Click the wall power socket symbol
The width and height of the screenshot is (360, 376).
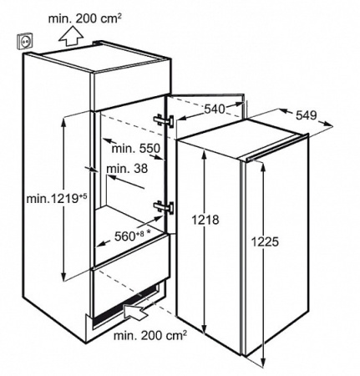point(25,41)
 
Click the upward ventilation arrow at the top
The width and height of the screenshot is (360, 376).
point(71,36)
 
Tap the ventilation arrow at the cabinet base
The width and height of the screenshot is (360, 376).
point(136,312)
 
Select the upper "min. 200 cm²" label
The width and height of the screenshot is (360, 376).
point(85,19)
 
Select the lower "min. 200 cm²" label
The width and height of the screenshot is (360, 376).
point(150,336)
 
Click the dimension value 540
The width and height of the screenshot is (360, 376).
point(215,109)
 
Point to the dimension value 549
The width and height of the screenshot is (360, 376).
point(307,115)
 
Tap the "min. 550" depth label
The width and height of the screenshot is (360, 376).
point(136,149)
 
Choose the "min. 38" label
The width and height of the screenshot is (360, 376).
point(127,169)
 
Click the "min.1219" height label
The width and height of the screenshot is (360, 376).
point(57,199)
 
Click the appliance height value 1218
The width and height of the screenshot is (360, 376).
point(205,220)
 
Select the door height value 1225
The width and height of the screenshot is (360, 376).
point(265,241)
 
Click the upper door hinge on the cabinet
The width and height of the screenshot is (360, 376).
point(164,121)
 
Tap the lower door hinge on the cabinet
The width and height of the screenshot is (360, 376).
point(164,207)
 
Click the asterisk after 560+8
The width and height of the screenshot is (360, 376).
point(149,231)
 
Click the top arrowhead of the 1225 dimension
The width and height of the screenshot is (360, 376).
point(262,166)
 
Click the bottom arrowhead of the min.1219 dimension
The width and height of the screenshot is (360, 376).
point(63,277)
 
